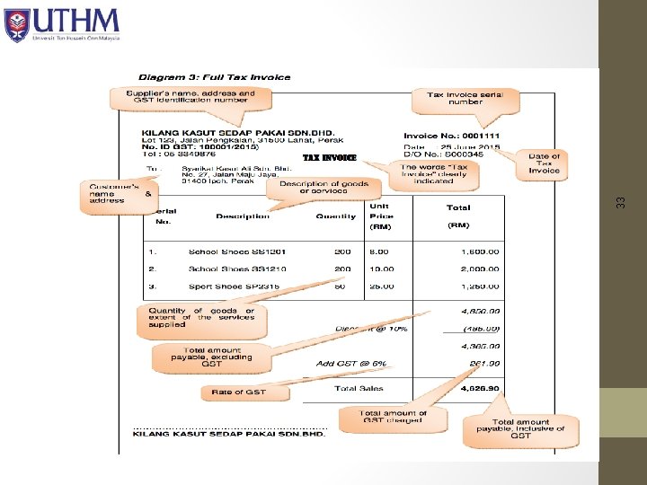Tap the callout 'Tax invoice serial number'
(465, 98)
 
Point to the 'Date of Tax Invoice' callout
(544, 163)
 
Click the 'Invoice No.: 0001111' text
(452, 136)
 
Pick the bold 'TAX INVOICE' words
(329, 158)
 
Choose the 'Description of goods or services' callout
(330, 188)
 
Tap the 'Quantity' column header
(335, 216)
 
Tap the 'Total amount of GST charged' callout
(395, 418)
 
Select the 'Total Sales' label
(359, 389)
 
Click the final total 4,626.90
(481, 389)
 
